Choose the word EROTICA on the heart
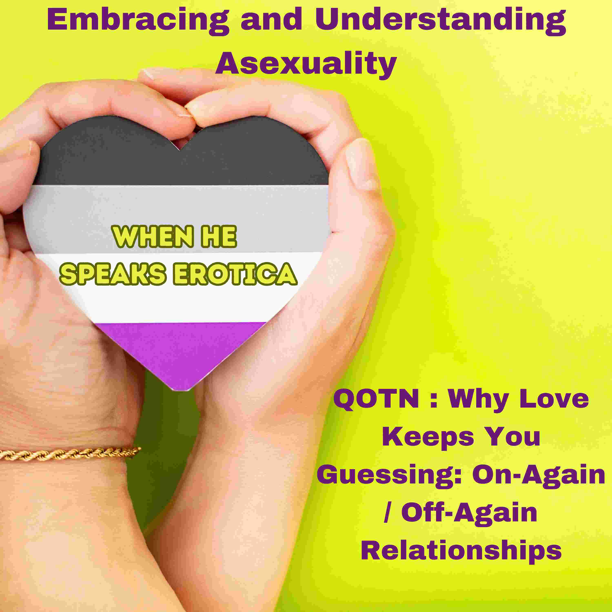[235, 274]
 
